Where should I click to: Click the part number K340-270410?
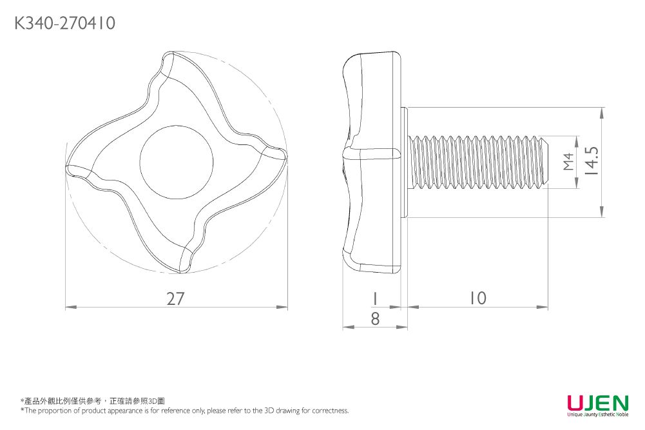tap(64, 24)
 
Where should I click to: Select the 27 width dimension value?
tap(175, 299)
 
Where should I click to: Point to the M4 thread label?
tap(568, 162)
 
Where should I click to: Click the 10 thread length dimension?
tap(477, 298)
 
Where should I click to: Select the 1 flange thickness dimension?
tap(374, 298)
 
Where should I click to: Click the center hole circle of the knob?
tap(176, 159)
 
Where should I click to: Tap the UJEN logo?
tap(597, 403)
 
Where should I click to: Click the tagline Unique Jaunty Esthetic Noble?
tap(597, 415)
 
